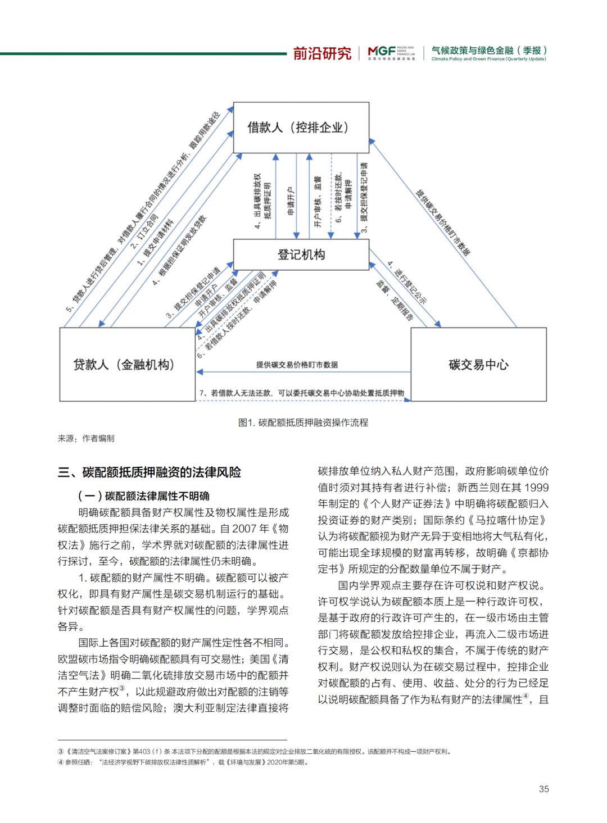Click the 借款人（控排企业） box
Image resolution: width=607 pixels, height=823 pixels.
pyautogui.click(x=301, y=128)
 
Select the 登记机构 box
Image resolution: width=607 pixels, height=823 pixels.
pyautogui.click(x=301, y=254)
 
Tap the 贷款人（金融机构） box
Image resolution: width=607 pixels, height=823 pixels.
pyautogui.click(x=127, y=365)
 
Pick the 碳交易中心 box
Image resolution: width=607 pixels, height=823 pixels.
pyautogui.click(x=478, y=365)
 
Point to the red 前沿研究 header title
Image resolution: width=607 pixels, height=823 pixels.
pyautogui.click(x=322, y=53)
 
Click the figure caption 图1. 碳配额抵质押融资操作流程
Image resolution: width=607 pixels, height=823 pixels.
pyautogui.click(x=303, y=422)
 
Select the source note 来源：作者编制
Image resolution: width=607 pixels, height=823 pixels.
pyautogui.click(x=86, y=438)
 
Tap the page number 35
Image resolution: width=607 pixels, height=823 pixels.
pyautogui.click(x=543, y=789)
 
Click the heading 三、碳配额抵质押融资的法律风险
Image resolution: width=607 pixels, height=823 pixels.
pyautogui.click(x=150, y=472)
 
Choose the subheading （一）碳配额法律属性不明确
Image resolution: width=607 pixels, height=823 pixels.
pyautogui.click(x=144, y=495)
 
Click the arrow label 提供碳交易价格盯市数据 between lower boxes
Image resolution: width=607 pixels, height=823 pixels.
pyautogui.click(x=297, y=365)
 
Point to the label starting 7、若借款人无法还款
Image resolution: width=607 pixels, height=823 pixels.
pyautogui.click(x=302, y=393)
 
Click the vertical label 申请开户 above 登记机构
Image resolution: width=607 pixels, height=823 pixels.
pyautogui.click(x=291, y=201)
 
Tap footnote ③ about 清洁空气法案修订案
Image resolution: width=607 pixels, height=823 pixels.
pyautogui.click(x=255, y=751)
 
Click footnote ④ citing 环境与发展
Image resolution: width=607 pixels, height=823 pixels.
pyautogui.click(x=183, y=762)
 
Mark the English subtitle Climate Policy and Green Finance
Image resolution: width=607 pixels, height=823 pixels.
pyautogui.click(x=488, y=59)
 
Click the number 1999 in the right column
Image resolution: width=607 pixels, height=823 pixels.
pyautogui.click(x=537, y=488)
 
